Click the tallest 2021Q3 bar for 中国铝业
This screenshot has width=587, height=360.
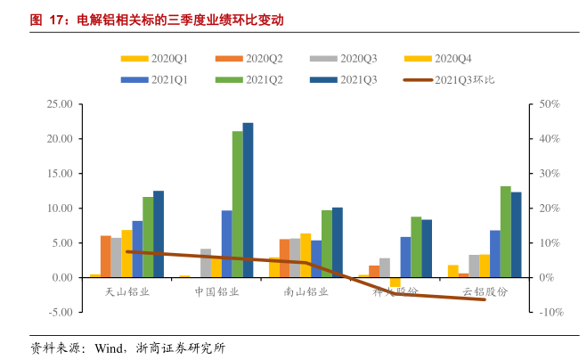tap(248, 200)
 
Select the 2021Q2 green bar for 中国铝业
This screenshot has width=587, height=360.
tap(237, 204)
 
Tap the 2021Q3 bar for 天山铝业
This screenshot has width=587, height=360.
tap(159, 234)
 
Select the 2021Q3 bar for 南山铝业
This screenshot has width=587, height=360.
tap(337, 242)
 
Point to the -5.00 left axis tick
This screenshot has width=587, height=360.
tap(61, 312)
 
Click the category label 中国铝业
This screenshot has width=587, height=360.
tap(216, 292)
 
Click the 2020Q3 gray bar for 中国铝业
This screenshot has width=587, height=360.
tap(206, 263)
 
